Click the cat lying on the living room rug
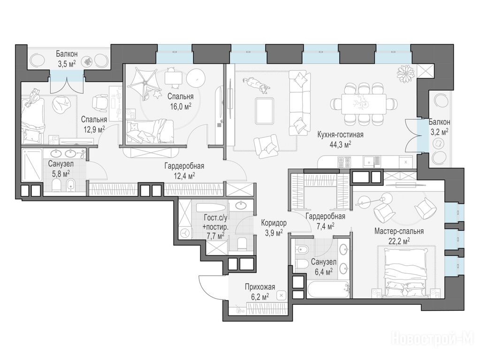(x=256, y=85)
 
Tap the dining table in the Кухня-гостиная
(x=363, y=104)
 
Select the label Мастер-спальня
(x=399, y=231)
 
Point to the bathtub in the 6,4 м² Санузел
(x=328, y=289)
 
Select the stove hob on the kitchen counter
(x=344, y=162)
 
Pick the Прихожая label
(x=260, y=287)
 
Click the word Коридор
(x=274, y=223)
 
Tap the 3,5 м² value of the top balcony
(x=66, y=64)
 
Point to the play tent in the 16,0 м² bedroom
(x=145, y=82)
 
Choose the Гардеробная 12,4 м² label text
(x=184, y=171)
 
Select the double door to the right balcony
(x=412, y=134)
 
